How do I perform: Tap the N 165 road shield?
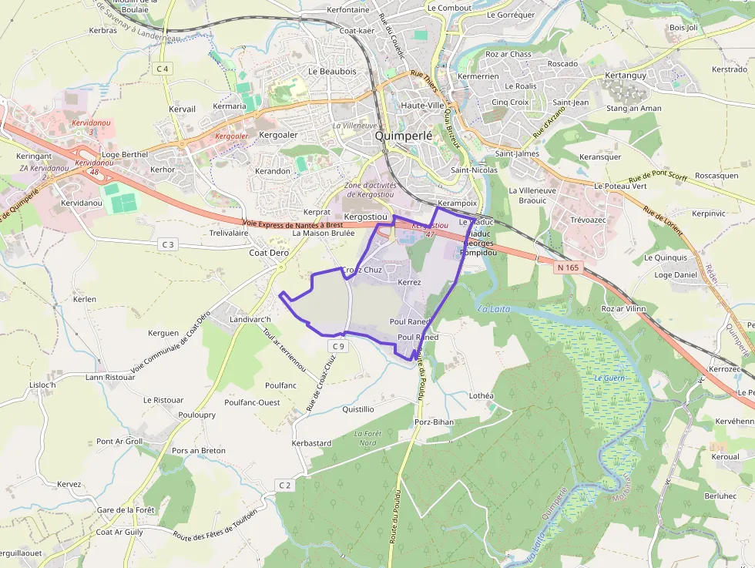click(567, 267)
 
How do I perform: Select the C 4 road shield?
click(162, 69)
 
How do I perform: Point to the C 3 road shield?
click(167, 244)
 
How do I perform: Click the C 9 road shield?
click(337, 347)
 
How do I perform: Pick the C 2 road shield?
click(285, 485)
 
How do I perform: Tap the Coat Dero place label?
click(268, 252)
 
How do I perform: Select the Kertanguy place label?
click(626, 76)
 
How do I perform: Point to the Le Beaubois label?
click(332, 71)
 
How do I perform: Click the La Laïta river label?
click(494, 309)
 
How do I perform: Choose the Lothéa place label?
click(481, 395)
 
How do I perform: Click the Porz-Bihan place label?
click(435, 422)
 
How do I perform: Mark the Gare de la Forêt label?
click(126, 510)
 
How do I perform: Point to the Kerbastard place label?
click(311, 443)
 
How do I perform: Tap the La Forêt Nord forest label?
click(367, 438)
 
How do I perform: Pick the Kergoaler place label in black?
click(278, 135)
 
